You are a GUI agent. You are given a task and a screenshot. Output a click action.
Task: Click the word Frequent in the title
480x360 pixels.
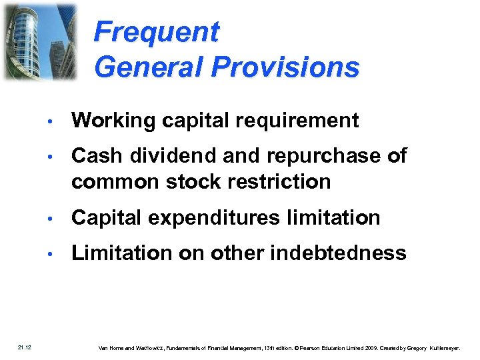pyautogui.click(x=156, y=32)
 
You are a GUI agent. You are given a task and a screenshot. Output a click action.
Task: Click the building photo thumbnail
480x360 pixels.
pyautogui.click(x=39, y=41)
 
